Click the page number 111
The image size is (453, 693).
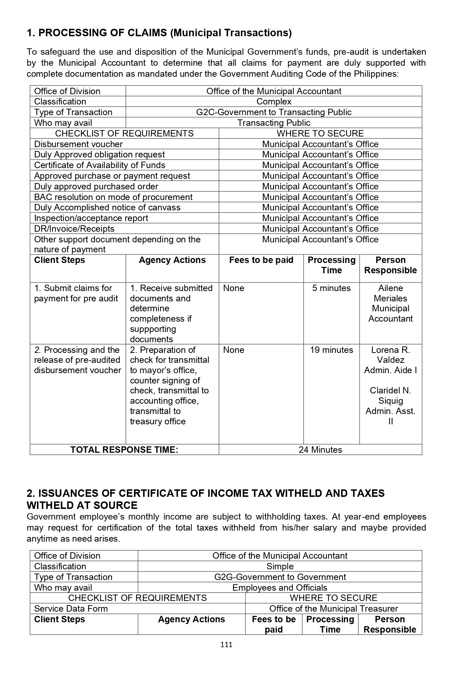pyautogui.click(x=226, y=645)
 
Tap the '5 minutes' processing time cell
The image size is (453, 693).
pyautogui.click(x=331, y=288)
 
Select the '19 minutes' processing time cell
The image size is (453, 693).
pyautogui.click(x=331, y=350)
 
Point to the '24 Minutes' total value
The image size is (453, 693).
pyautogui.click(x=320, y=450)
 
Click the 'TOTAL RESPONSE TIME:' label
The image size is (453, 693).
pyautogui.click(x=124, y=450)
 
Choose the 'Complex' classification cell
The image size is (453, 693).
pyautogui.click(x=274, y=102)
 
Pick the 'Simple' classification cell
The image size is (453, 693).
pyautogui.click(x=280, y=566)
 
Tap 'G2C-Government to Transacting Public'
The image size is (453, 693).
pyautogui.click(x=274, y=112)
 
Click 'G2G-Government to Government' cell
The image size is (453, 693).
pyautogui.click(x=280, y=577)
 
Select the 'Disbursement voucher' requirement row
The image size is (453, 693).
pyautogui.click(x=78, y=144)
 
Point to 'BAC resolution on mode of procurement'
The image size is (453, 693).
pyautogui.click(x=113, y=197)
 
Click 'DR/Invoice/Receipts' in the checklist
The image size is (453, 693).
pyautogui.click(x=74, y=229)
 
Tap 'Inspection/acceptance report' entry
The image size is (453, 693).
pyautogui.click(x=91, y=218)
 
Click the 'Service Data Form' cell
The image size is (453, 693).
pyautogui.click(x=71, y=609)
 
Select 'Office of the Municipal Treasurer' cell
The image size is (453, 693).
pyautogui.click(x=333, y=609)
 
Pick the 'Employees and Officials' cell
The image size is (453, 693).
pyautogui.click(x=280, y=588)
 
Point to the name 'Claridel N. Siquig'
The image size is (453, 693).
pyautogui.click(x=390, y=396)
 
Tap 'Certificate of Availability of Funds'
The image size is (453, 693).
pyautogui.click(x=99, y=165)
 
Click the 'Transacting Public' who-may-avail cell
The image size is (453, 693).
pyautogui.click(x=274, y=123)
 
